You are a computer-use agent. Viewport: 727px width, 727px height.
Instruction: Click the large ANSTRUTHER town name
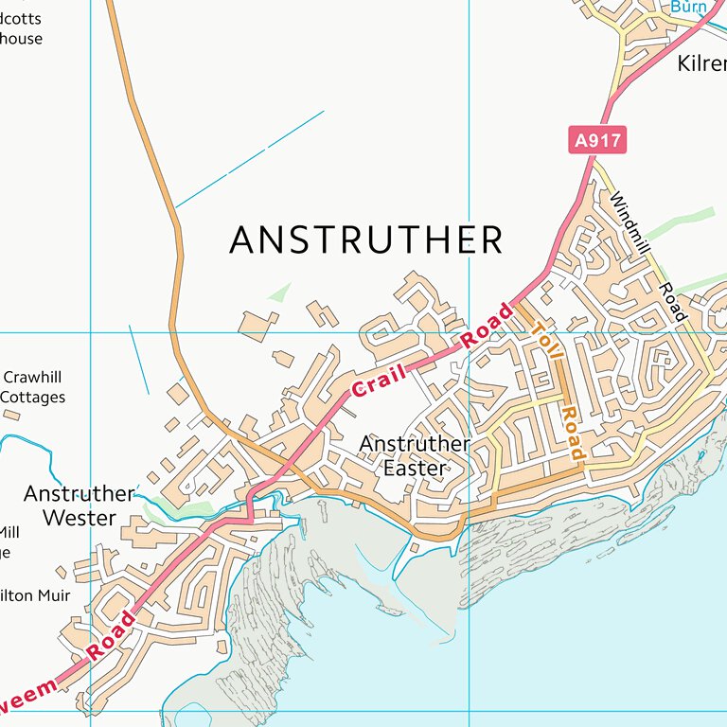pyautogui.click(x=365, y=240)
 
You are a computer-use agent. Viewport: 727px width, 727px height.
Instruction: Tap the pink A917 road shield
pyautogui.click(x=598, y=141)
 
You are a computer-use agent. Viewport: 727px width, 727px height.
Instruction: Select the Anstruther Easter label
pyautogui.click(x=415, y=455)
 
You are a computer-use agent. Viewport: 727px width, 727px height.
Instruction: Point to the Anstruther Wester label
pyautogui.click(x=80, y=505)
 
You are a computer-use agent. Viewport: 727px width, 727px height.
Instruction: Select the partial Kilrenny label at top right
pyautogui.click(x=701, y=64)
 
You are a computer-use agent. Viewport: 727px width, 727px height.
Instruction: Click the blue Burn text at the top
pyautogui.click(x=689, y=7)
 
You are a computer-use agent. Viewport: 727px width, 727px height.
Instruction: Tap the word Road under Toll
pyautogui.click(x=572, y=434)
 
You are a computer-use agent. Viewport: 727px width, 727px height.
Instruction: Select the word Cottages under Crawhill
pyautogui.click(x=33, y=398)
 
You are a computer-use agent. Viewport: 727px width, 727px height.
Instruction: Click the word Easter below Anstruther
pyautogui.click(x=415, y=468)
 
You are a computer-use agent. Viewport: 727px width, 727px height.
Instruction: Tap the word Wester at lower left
pyautogui.click(x=80, y=518)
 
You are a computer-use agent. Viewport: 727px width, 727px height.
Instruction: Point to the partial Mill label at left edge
pyautogui.click(x=9, y=533)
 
